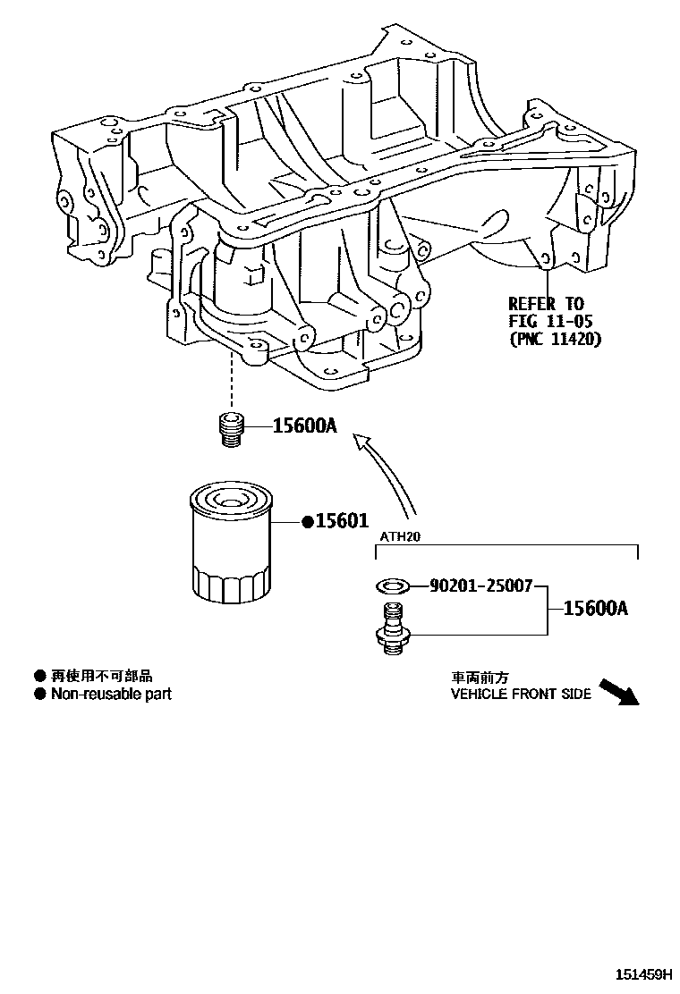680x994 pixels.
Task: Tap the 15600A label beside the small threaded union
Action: tap(304, 427)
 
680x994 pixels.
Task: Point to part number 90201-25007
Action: tap(481, 586)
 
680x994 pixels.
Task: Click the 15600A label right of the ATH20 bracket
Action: tap(596, 609)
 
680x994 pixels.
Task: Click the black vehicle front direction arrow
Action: tap(619, 693)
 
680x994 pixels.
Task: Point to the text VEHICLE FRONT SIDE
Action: tap(521, 694)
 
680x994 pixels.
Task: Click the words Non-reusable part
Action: tap(111, 694)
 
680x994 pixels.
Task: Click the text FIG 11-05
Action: tap(551, 321)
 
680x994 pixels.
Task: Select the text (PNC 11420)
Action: tap(556, 339)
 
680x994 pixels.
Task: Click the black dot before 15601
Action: tap(306, 521)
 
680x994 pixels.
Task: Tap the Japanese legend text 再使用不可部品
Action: tap(101, 676)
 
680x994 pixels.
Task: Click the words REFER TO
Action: tap(546, 303)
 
